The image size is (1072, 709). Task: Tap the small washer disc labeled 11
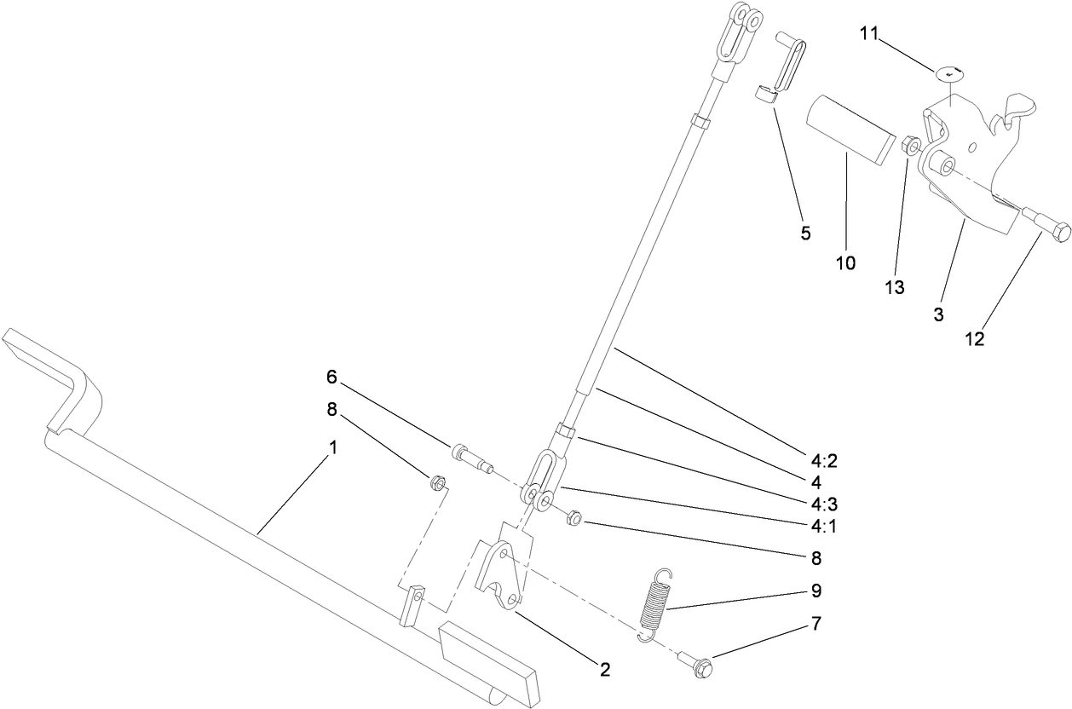(950, 73)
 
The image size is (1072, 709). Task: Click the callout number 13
(893, 288)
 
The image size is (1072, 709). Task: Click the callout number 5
(805, 232)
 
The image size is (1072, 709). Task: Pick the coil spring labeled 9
(654, 601)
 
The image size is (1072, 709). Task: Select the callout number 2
(604, 670)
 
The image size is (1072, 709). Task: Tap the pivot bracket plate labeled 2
(501, 573)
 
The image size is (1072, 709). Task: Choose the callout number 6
(331, 376)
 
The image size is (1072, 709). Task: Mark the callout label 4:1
(824, 527)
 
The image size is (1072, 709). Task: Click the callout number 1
(333, 447)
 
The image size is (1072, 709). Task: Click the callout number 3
(938, 314)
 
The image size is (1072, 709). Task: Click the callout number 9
(816, 590)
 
